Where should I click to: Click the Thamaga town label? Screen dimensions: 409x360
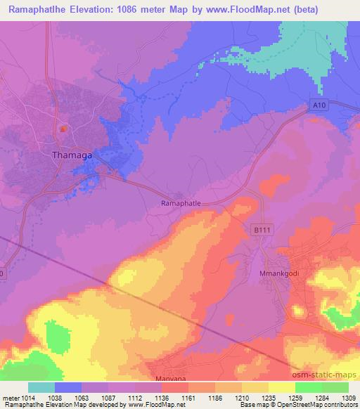coord(72,155)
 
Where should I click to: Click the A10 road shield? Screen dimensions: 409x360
coord(320,104)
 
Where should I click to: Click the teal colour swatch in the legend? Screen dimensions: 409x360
coord(41,387)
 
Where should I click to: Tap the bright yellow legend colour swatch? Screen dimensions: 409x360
coord(281,387)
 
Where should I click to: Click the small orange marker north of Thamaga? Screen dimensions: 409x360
coord(63,129)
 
